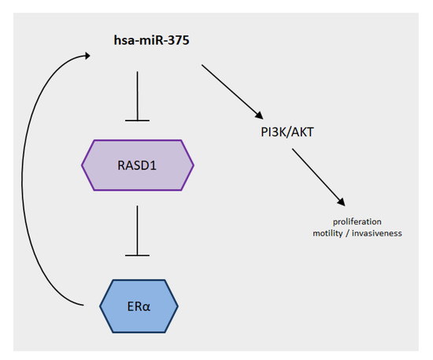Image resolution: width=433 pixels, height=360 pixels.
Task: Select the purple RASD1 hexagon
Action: pos(138,165)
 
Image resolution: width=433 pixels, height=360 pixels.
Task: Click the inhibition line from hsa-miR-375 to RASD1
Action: pos(138,95)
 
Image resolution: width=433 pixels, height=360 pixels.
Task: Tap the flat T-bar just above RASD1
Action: pos(138,120)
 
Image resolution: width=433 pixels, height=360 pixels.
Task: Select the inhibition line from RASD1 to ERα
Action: pos(138,228)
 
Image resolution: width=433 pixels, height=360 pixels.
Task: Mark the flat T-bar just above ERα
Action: pos(138,254)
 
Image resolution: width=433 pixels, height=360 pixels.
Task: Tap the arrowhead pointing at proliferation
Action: pos(342,203)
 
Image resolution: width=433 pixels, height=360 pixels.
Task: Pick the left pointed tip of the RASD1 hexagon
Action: pos(83,165)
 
